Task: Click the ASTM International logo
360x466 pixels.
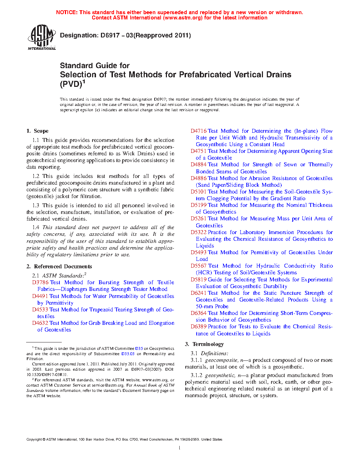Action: [42, 37]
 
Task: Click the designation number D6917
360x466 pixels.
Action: [110, 35]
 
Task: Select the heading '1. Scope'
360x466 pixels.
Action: [37, 131]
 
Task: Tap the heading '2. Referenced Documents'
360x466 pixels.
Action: [59, 267]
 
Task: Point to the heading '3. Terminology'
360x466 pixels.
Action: [204, 344]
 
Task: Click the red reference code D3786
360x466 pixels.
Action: [40, 282]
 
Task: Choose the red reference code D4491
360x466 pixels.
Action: [40, 296]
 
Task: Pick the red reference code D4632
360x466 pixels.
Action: [40, 323]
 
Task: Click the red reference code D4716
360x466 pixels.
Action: [198, 131]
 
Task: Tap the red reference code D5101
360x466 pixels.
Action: [198, 192]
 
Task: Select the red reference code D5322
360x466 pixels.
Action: [198, 232]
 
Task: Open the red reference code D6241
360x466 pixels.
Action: [198, 293]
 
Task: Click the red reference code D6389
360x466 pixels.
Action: [198, 327]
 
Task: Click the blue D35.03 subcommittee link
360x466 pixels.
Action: [128, 354]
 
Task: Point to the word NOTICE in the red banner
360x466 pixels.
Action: [66, 12]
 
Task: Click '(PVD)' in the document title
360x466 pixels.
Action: [71, 84]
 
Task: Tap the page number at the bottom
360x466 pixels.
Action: [180, 448]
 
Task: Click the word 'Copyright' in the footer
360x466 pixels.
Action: [34, 440]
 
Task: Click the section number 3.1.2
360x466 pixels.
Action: [197, 375]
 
